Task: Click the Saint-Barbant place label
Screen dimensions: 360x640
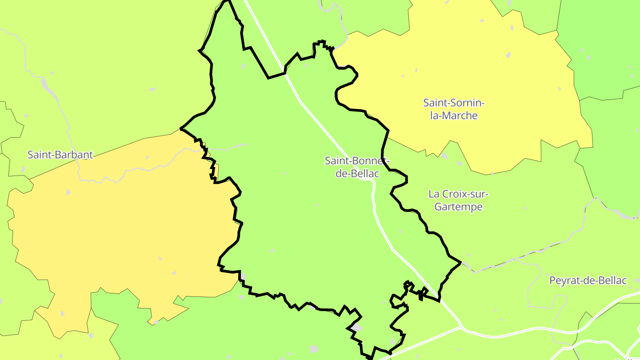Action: pyautogui.click(x=60, y=155)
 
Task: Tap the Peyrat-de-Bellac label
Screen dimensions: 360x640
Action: pyautogui.click(x=588, y=280)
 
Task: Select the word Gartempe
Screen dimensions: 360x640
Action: pyautogui.click(x=458, y=207)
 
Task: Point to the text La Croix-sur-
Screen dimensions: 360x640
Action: pyautogui.click(x=458, y=194)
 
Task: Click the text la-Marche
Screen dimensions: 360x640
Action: pyautogui.click(x=450, y=116)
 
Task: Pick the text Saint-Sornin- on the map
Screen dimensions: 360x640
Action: pyautogui.click(x=453, y=103)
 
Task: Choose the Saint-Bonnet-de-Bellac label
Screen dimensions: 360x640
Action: pyautogui.click(x=357, y=167)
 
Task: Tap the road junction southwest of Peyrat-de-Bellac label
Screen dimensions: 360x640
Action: pyautogui.click(x=462, y=328)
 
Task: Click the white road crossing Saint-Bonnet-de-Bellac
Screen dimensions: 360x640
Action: pyautogui.click(x=338, y=142)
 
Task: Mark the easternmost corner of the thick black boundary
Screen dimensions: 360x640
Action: pyautogui.click(x=461, y=262)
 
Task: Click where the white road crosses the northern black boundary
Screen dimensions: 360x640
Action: pyautogui.click(x=284, y=73)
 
